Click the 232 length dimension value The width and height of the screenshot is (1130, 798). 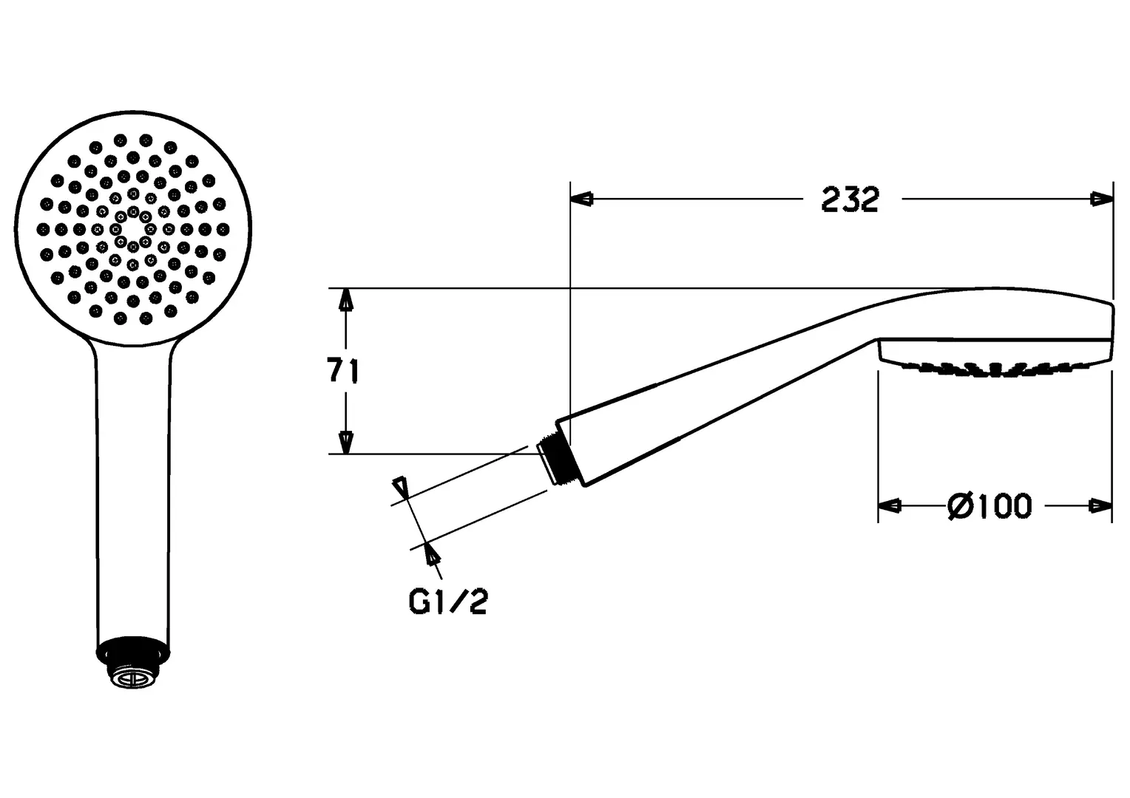tap(850, 199)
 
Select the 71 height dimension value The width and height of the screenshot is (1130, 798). tap(342, 370)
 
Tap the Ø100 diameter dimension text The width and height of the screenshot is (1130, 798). tap(989, 506)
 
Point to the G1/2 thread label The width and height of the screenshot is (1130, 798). tap(448, 601)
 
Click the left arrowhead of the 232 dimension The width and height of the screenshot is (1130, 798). tap(582, 199)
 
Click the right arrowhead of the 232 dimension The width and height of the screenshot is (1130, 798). tap(1101, 199)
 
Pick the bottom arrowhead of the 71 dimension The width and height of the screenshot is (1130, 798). tap(345, 443)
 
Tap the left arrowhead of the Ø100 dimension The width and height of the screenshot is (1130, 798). tap(890, 505)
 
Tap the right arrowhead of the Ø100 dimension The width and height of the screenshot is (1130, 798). tap(1100, 505)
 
